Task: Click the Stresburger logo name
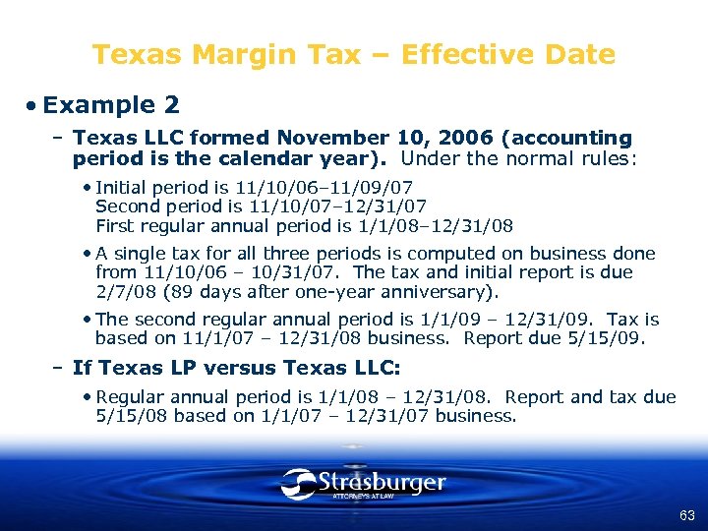pos(382,483)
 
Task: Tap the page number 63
pos(686,514)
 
